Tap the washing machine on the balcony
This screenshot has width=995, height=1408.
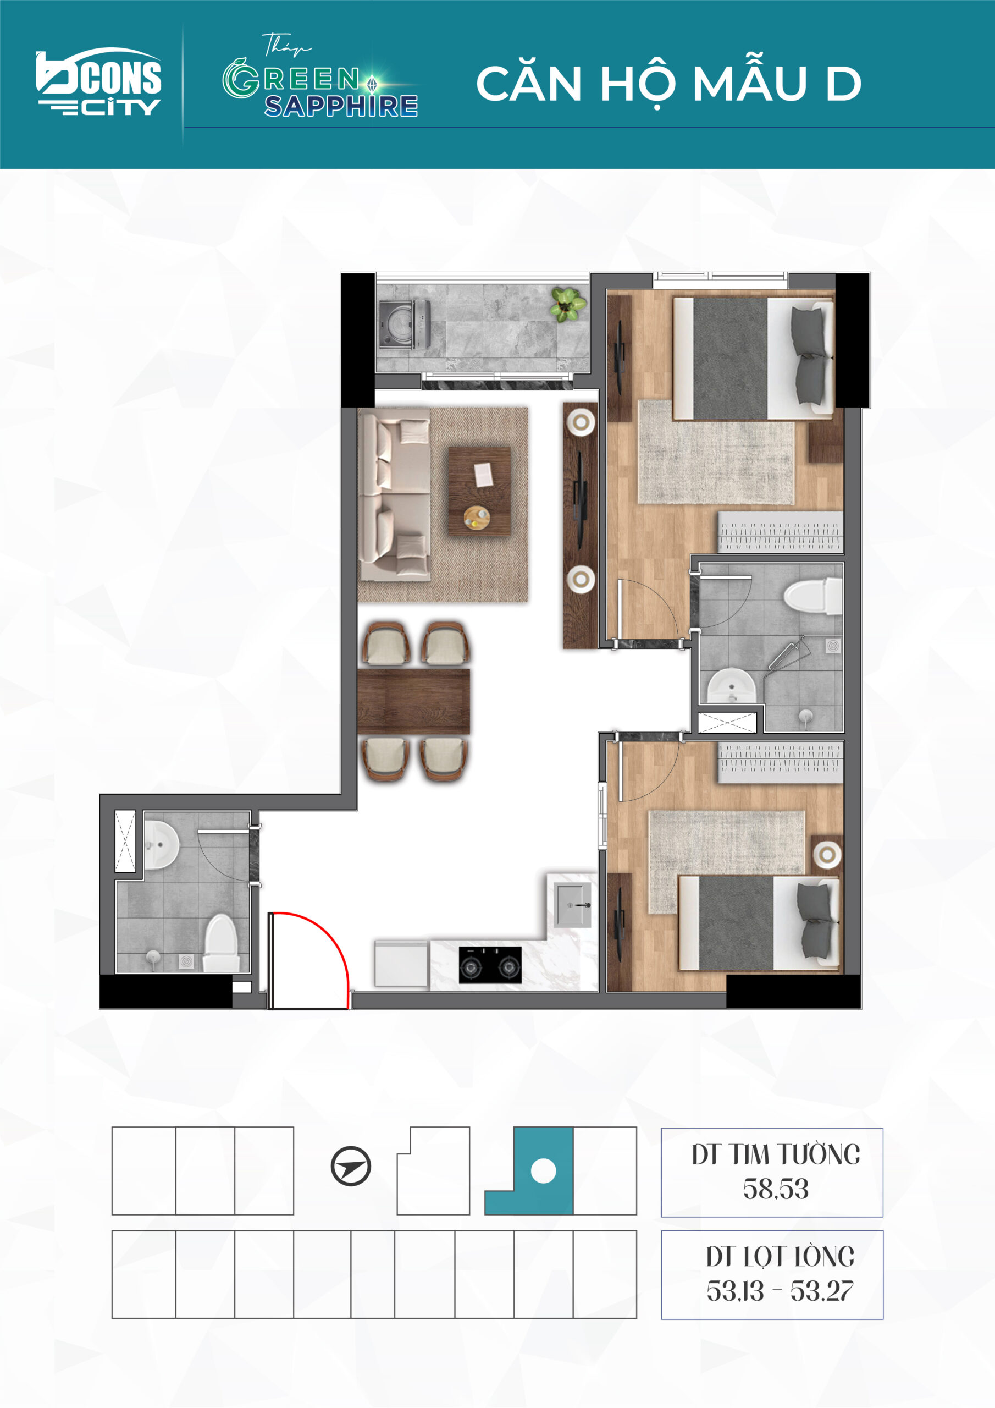coord(405,324)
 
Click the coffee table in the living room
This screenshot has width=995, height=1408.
coord(479,491)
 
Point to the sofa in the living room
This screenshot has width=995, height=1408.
coord(395,496)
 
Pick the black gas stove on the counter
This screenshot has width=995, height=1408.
coord(490,965)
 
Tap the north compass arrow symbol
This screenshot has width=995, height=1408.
coord(351,1166)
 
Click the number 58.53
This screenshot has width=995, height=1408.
coord(776,1189)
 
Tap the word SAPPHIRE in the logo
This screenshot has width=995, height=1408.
coord(341,106)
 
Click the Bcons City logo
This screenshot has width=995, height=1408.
coord(99,81)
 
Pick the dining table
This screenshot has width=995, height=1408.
coord(414,702)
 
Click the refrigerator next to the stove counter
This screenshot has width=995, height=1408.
coord(401,964)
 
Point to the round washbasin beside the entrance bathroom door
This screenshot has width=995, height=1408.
coord(161,844)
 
